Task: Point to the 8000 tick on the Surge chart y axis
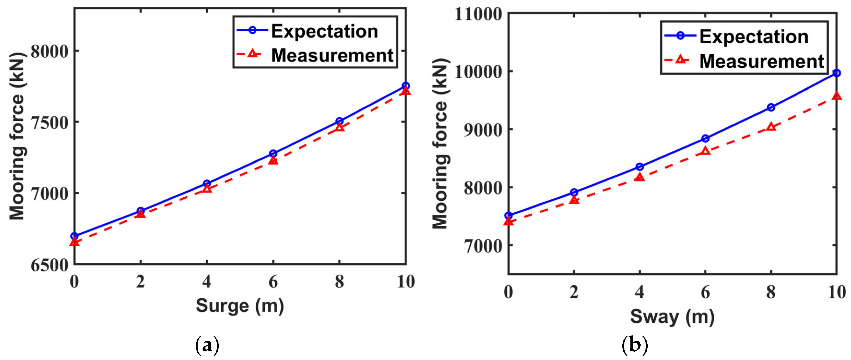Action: pyautogui.click(x=50, y=51)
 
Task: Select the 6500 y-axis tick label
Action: pyautogui.click(x=50, y=265)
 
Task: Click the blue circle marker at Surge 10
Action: pyautogui.click(x=405, y=86)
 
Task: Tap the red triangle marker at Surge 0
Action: pyautogui.click(x=75, y=242)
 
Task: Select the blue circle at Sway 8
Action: pyautogui.click(x=771, y=107)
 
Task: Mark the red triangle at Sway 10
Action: pyautogui.click(x=836, y=96)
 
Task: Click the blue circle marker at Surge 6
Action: pyautogui.click(x=273, y=154)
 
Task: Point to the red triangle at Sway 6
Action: pyautogui.click(x=705, y=151)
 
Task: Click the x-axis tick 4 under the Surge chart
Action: pyautogui.click(x=207, y=282)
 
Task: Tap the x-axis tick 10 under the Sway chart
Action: pyautogui.click(x=836, y=292)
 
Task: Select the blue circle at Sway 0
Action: pyautogui.click(x=509, y=216)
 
